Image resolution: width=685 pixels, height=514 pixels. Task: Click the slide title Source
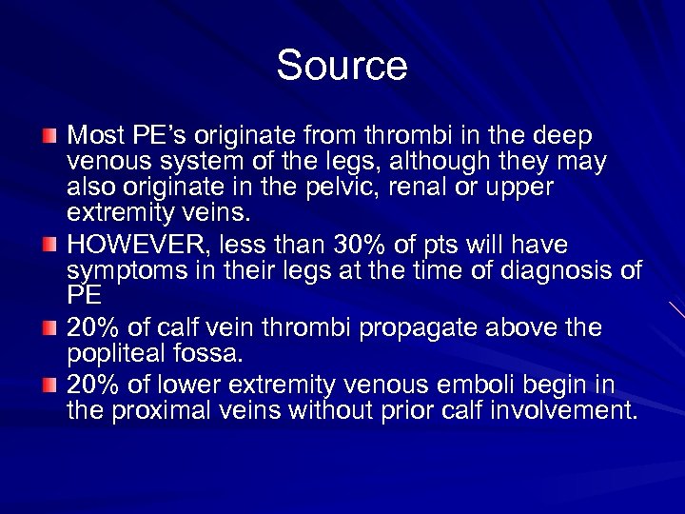pyautogui.click(x=342, y=66)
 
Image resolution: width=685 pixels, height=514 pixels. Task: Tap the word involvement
pyautogui.click(x=562, y=410)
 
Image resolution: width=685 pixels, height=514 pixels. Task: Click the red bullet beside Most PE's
pyautogui.click(x=49, y=134)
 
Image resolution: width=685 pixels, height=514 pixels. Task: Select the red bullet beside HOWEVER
pyautogui.click(x=49, y=244)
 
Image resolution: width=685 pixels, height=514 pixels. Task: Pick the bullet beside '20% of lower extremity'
pyautogui.click(x=49, y=385)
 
